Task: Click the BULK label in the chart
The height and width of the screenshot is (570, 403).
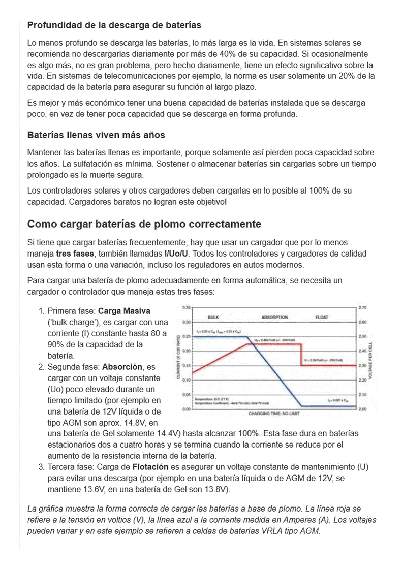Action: (x=213, y=318)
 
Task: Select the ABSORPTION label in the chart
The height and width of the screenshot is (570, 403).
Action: (x=274, y=318)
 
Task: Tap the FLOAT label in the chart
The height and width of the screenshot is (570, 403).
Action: (x=322, y=318)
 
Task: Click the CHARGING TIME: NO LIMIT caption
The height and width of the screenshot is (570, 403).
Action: (x=273, y=414)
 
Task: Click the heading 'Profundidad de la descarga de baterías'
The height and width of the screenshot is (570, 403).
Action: (x=114, y=25)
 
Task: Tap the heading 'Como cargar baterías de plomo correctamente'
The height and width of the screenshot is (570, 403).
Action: (x=144, y=224)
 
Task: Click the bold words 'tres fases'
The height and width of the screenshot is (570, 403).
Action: (x=75, y=254)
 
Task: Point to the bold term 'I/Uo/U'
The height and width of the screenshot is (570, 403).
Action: (x=176, y=254)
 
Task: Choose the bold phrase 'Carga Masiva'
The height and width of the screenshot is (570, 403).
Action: (x=124, y=311)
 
